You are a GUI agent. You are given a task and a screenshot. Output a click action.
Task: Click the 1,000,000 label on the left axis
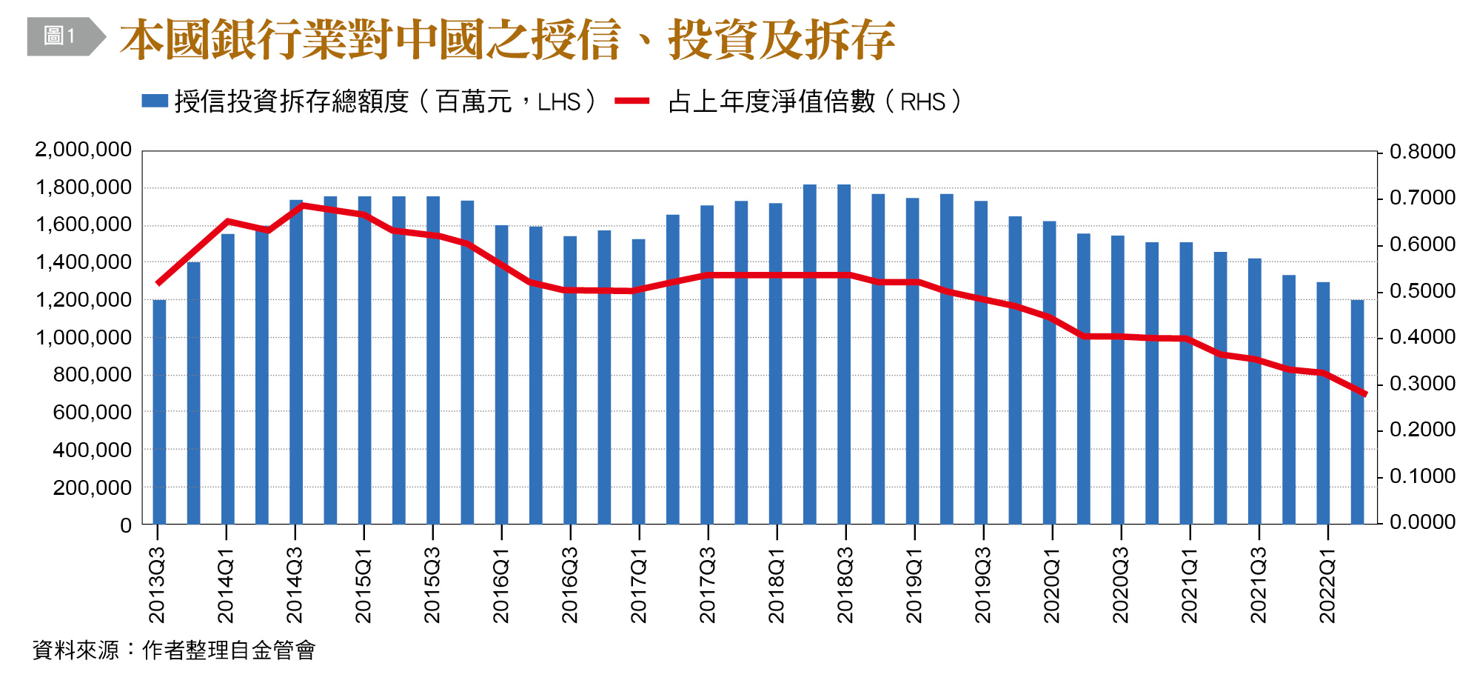[83, 337]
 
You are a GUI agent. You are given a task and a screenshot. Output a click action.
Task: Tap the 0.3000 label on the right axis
[1422, 384]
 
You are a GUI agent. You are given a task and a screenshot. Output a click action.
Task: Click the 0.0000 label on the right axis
[1422, 522]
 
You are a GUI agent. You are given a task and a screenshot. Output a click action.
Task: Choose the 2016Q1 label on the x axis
[501, 585]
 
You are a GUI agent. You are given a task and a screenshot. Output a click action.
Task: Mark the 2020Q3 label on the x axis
[1120, 585]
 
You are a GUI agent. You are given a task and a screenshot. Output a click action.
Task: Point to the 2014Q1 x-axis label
[226, 585]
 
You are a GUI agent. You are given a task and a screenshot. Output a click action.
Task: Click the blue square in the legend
[155, 101]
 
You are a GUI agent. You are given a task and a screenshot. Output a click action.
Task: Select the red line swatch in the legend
[632, 101]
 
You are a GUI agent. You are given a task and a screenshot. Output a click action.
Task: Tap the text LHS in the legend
[558, 102]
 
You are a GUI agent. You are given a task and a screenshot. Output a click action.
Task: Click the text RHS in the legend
[922, 102]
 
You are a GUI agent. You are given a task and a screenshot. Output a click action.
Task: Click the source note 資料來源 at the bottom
[76, 650]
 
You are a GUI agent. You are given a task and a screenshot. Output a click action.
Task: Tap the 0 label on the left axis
[126, 525]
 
